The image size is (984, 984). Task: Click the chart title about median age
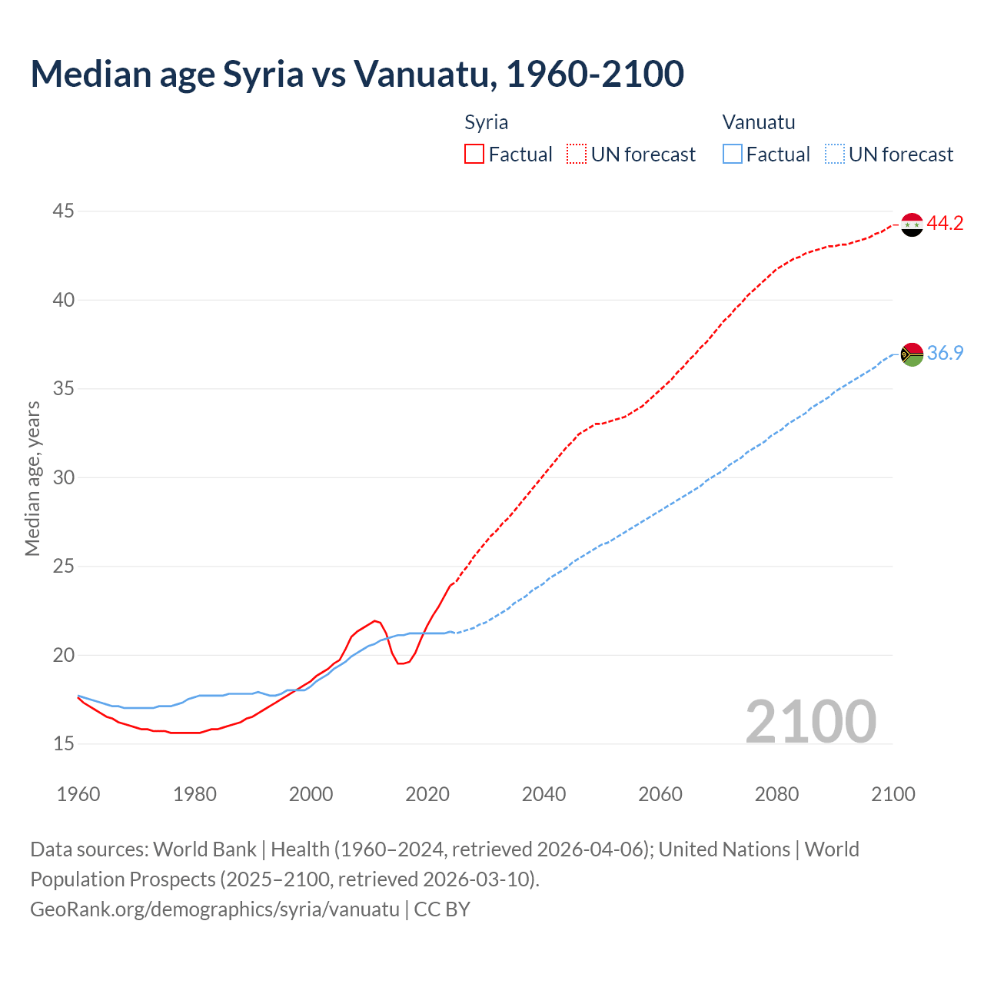(x=357, y=74)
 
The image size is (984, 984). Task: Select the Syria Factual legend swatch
(x=474, y=154)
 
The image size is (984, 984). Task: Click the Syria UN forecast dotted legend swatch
(x=577, y=154)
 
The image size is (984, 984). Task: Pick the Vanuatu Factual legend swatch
(x=733, y=154)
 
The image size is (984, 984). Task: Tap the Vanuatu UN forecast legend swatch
(x=834, y=154)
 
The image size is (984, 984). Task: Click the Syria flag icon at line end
(x=912, y=224)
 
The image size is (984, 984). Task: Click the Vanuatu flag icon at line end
(x=912, y=354)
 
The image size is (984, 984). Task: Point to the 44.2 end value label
(x=945, y=224)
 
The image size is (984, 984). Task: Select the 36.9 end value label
(x=945, y=354)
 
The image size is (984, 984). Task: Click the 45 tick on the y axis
(x=64, y=211)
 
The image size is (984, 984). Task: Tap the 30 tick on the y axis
(x=64, y=477)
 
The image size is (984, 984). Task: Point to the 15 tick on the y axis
(x=64, y=744)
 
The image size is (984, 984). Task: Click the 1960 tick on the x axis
(x=78, y=794)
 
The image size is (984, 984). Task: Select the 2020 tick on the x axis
(x=427, y=794)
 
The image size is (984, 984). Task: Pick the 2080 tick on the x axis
(x=776, y=794)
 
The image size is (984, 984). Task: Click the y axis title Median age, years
(x=32, y=478)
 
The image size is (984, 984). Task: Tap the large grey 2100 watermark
(x=811, y=721)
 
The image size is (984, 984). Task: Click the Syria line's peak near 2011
(x=375, y=621)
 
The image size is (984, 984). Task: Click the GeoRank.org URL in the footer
(x=214, y=909)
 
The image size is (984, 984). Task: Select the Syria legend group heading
(x=486, y=122)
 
